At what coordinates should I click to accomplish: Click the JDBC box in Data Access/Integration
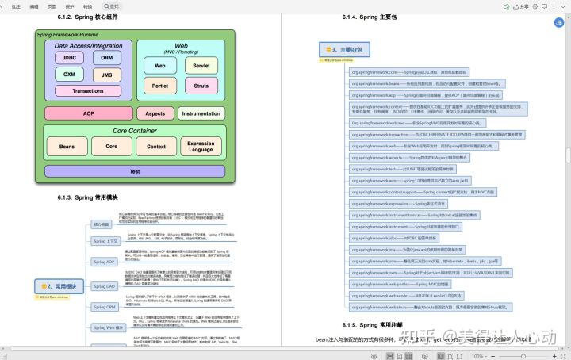click(x=69, y=57)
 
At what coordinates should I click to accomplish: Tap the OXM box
click(x=69, y=75)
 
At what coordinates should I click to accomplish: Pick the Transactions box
click(x=88, y=90)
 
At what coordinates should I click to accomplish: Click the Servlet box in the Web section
click(x=201, y=65)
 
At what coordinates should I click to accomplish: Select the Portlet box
click(x=160, y=84)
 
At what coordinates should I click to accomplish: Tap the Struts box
click(x=201, y=84)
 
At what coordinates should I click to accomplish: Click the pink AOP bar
click(x=88, y=113)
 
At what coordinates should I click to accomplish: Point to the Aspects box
click(x=155, y=113)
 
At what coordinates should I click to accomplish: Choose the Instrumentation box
click(x=201, y=113)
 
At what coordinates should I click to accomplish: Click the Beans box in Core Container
click(x=67, y=147)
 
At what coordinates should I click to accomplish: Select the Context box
click(x=156, y=147)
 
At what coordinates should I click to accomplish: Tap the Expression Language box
click(x=201, y=147)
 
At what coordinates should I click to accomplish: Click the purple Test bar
click(x=134, y=170)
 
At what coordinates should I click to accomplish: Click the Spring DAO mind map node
click(x=105, y=285)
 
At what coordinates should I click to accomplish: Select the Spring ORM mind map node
click(x=105, y=306)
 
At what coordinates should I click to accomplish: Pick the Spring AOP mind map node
click(x=105, y=261)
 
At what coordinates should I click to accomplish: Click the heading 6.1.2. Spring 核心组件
click(x=89, y=17)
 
